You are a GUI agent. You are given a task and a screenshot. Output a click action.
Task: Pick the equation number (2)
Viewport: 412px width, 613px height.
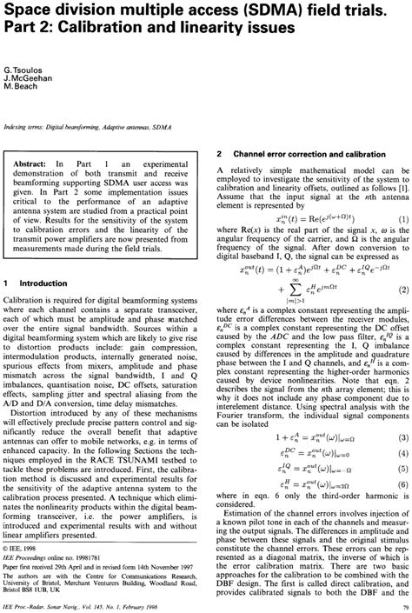click(402, 264)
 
